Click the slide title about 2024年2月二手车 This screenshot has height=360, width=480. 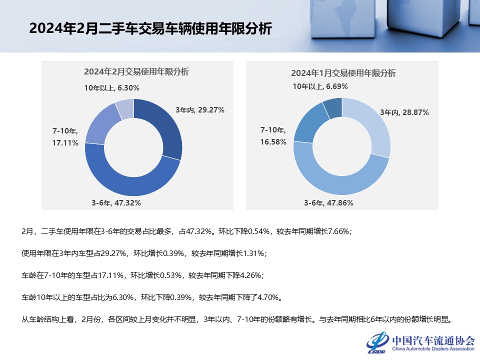pos(150,28)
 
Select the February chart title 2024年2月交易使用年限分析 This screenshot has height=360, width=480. pos(136,71)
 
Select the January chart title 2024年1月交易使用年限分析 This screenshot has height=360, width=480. pos(343,73)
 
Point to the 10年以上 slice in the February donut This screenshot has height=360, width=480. pos(125,108)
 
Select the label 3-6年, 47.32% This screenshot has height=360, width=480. pos(116,202)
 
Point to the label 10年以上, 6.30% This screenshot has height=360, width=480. pos(111,88)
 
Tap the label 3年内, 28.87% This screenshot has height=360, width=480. pos(404,112)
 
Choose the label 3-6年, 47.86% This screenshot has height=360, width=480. pos(329,202)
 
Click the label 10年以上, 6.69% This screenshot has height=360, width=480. pos(320,86)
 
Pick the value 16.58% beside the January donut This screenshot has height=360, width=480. pos(273,142)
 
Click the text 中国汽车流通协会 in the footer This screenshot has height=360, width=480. pos(433,340)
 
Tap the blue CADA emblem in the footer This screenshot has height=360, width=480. pos(377,342)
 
